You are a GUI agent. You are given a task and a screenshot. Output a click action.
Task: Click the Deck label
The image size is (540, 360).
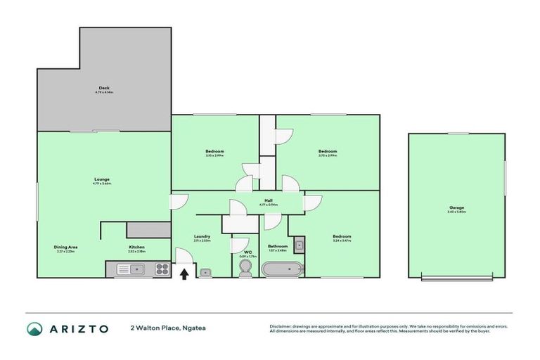(x=103, y=89)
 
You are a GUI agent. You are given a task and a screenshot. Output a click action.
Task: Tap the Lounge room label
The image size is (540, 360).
(x=103, y=180)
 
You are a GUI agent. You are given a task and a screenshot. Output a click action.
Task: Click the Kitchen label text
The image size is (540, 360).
(x=136, y=247)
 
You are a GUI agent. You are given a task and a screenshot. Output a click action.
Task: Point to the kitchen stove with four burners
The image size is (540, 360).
(x=161, y=269)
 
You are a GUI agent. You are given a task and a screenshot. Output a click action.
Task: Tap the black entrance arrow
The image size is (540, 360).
(x=184, y=274)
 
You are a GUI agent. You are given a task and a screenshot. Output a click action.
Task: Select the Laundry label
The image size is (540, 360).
(x=202, y=236)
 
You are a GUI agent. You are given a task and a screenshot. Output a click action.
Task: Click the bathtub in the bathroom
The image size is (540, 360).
(x=283, y=269)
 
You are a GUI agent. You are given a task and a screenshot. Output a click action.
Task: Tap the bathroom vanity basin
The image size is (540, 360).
(x=298, y=245)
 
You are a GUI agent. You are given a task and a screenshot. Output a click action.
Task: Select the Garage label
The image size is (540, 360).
(x=456, y=207)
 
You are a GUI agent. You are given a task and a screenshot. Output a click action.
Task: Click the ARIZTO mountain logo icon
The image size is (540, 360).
(x=35, y=329)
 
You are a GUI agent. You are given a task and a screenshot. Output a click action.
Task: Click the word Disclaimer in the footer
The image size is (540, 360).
(x=281, y=326)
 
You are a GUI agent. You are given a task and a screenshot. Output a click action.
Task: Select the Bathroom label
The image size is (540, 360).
(x=278, y=246)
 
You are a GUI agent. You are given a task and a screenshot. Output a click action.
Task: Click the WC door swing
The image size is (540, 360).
(x=237, y=244)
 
